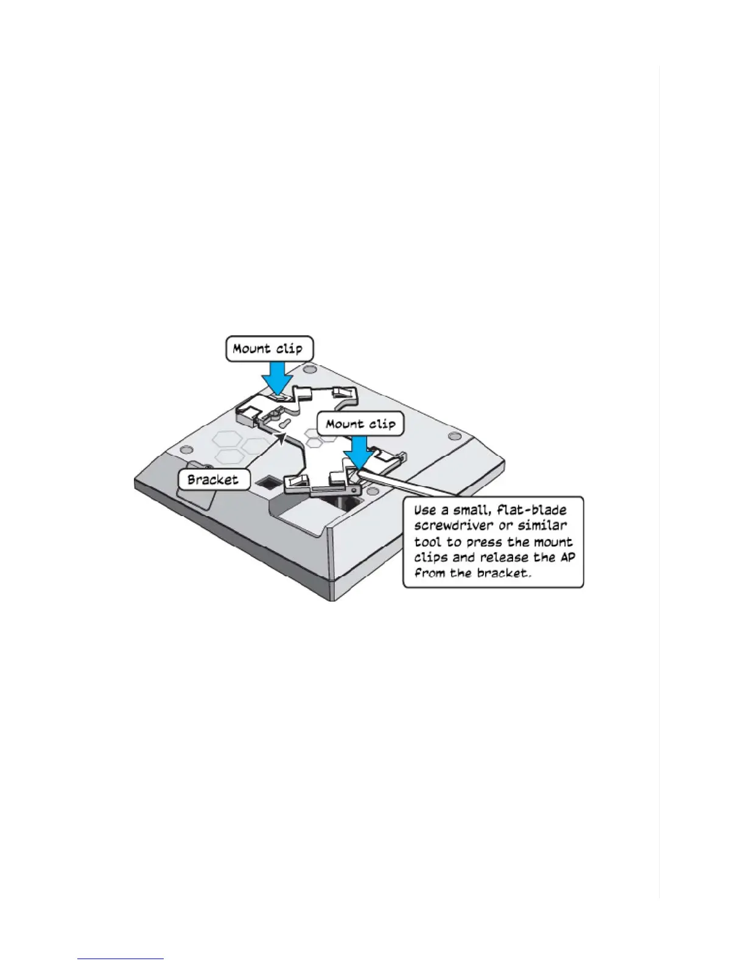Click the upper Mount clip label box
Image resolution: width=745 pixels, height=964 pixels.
pos(268,349)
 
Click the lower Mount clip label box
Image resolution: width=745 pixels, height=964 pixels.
pos(360,424)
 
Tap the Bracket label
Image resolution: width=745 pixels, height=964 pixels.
pos(212,479)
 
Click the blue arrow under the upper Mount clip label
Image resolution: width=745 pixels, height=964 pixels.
pos(277,378)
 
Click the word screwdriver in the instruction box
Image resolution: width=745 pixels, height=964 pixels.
pos(452,525)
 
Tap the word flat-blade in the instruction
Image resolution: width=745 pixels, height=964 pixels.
pos(532,510)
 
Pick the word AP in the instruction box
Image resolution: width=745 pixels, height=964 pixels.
pos(567,557)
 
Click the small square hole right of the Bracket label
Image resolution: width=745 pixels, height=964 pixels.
pos(267,483)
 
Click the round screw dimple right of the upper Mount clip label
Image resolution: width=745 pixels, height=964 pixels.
pos(310,369)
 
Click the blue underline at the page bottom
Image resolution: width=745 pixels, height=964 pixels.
pos(121,959)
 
